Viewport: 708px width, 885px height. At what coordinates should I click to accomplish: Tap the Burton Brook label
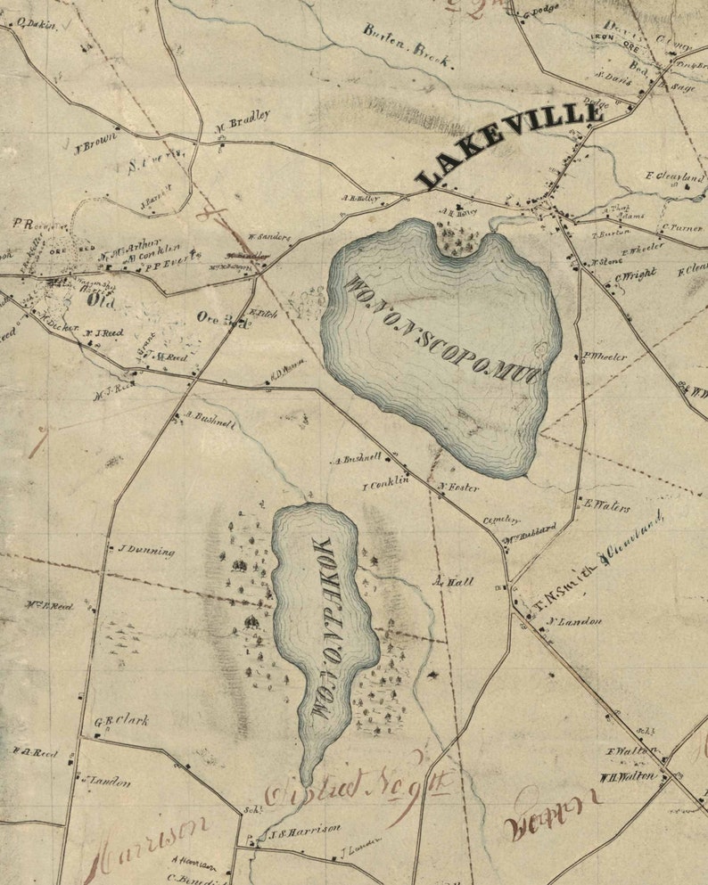(x=408, y=45)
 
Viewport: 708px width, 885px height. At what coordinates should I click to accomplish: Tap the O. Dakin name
(x=36, y=24)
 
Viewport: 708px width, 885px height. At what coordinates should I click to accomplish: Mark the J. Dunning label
(x=146, y=551)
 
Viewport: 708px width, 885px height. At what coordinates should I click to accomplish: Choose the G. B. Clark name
(x=121, y=720)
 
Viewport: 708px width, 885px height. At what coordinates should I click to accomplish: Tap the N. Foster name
(x=459, y=488)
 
